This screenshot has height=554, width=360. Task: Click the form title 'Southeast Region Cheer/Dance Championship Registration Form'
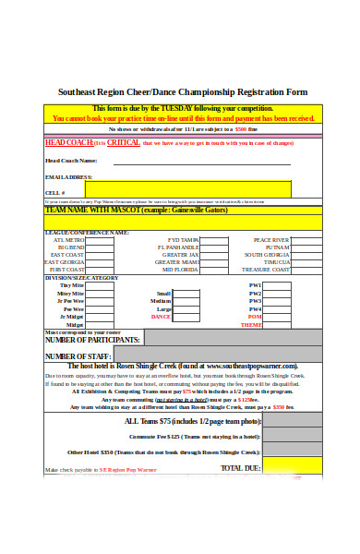(x=183, y=92)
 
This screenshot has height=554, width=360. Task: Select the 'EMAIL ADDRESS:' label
(x=68, y=176)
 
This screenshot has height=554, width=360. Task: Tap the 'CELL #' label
(x=55, y=192)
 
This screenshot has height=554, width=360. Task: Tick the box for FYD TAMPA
(x=214, y=240)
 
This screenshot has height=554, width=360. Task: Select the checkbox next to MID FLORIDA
(x=214, y=270)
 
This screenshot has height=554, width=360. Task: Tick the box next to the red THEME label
(x=278, y=325)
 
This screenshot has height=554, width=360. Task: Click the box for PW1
(x=278, y=285)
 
